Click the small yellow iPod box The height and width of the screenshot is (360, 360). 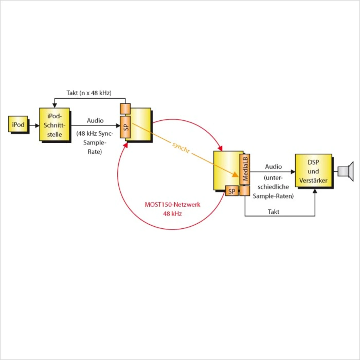tap(18, 124)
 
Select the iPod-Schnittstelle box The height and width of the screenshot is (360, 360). tap(55, 125)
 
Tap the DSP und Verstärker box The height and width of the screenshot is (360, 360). tap(313, 171)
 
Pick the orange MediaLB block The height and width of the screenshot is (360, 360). tap(245, 169)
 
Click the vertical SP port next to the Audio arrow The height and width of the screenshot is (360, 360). tap(125, 127)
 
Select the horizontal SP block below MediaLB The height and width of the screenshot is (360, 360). tap(232, 191)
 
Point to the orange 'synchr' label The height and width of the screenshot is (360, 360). tap(181, 148)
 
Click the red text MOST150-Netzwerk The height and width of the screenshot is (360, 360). tap(172, 204)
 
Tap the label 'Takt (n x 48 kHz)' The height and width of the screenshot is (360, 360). tap(89, 93)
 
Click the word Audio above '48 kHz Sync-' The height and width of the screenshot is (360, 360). tap(95, 121)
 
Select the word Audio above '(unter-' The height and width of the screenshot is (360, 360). tap(273, 166)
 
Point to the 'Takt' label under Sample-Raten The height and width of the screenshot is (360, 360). tap(273, 212)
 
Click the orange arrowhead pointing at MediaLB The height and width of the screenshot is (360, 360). tap(235, 174)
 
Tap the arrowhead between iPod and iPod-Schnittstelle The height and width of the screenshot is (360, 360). tap(37, 125)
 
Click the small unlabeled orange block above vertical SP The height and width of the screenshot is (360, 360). tap(125, 109)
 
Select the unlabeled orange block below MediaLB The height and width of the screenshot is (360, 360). tap(245, 191)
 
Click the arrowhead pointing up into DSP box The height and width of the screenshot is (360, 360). tap(315, 191)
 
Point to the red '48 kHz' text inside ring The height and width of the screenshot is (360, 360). tap(172, 214)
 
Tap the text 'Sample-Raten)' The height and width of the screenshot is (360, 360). tap(273, 196)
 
